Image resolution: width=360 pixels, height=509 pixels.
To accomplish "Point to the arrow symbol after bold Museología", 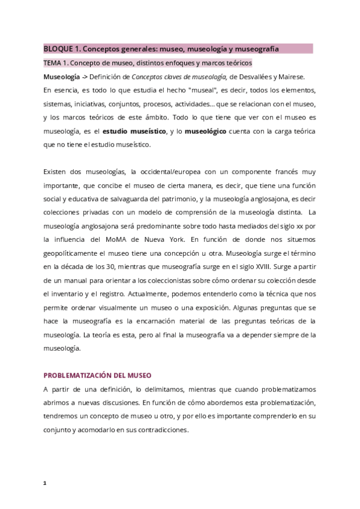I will click(x=85, y=76).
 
